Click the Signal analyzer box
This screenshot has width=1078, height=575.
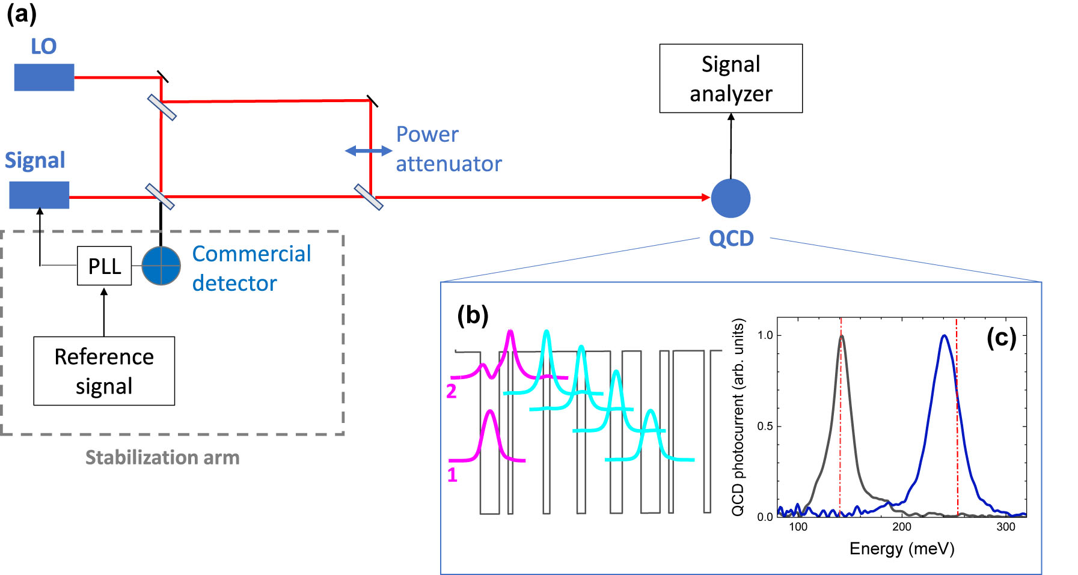[x=730, y=78]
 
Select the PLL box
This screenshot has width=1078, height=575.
[x=104, y=266]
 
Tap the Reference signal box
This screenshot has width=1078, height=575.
[x=104, y=371]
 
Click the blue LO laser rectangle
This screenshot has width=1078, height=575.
[x=44, y=78]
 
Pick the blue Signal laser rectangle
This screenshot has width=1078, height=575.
[x=39, y=195]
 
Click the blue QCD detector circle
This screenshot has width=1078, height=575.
[x=730, y=198]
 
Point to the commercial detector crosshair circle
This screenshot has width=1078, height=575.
[x=161, y=265]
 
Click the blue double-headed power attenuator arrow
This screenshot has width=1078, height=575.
[x=369, y=151]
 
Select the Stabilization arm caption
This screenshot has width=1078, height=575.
[x=162, y=458]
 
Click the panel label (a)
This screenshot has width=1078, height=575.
[x=22, y=13]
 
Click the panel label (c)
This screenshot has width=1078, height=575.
[x=1001, y=338]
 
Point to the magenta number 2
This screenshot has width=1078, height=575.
[x=452, y=392]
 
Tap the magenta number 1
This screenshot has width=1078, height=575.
[x=452, y=475]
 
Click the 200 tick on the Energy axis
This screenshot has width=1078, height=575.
[x=902, y=527]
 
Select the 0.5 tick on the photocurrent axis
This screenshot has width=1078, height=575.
[x=765, y=426]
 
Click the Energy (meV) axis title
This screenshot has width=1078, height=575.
[x=901, y=549]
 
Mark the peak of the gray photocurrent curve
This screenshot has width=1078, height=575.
[x=842, y=336]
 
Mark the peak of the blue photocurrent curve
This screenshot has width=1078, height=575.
[x=945, y=336]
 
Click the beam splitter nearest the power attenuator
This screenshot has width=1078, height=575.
[x=369, y=197]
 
